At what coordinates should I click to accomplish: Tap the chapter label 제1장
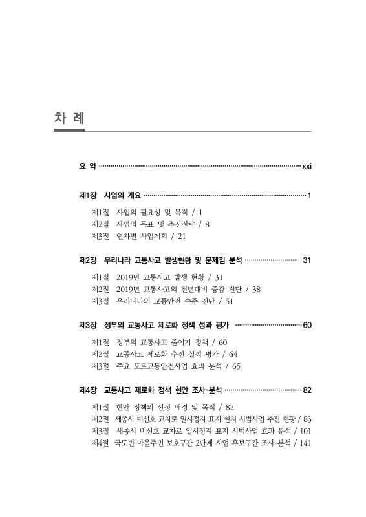coord(88,195)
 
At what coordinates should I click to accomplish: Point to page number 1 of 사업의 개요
coord(310,195)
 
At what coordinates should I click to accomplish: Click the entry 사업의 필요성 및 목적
coord(153,211)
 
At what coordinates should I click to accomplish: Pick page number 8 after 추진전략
coord(207,224)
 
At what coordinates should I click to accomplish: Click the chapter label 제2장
coord(88,260)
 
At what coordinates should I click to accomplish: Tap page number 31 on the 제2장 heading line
coord(307,260)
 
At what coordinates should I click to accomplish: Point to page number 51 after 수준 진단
coord(229,301)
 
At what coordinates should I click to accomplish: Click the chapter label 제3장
coord(88,324)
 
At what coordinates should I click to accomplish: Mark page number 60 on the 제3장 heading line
coord(307,324)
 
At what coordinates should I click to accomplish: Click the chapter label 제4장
coord(88,390)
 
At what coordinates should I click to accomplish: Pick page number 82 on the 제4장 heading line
coord(307,390)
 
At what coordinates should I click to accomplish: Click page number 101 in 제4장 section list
coord(303,431)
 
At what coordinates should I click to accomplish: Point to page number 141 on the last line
coord(303,444)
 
